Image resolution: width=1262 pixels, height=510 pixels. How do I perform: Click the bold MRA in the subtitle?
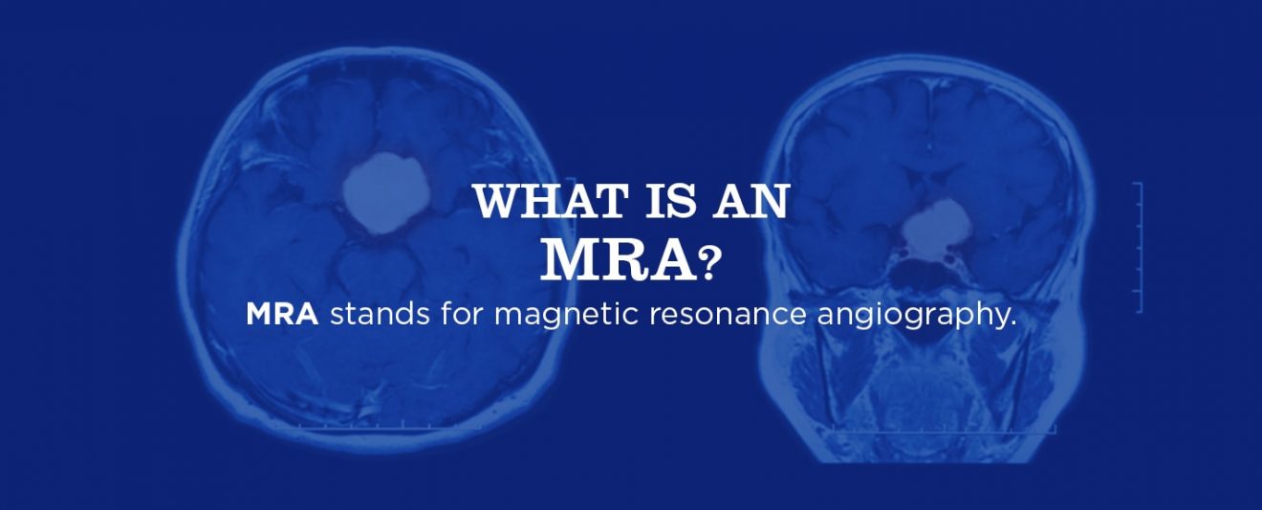coord(282,315)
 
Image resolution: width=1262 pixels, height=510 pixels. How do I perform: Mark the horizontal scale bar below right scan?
coord(942,429)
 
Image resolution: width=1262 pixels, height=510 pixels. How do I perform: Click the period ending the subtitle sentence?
coord(1011,322)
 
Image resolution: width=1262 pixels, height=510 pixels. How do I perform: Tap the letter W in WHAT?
coord(495,203)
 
